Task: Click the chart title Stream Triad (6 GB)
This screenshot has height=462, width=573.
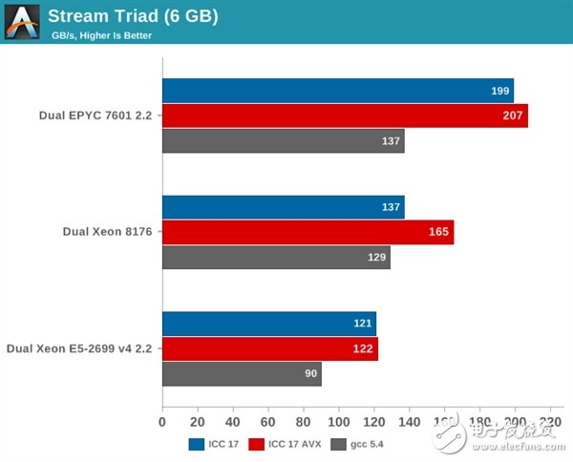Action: pos(133,16)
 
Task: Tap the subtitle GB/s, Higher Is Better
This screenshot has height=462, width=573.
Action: pos(101,36)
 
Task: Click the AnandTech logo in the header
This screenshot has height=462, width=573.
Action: pos(22,22)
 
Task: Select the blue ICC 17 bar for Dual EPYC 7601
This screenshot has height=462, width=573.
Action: pos(337,91)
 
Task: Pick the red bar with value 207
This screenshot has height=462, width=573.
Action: pos(345,115)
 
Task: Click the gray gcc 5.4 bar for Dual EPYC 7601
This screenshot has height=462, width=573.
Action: pos(283,141)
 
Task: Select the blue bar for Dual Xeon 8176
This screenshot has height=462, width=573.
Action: pos(283,207)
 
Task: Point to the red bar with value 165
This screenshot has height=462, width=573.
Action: pos(308,232)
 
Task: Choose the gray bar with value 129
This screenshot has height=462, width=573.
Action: pos(276,258)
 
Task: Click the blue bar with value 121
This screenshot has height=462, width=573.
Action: pos(268,324)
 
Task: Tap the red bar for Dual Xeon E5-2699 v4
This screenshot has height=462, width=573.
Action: pos(269,348)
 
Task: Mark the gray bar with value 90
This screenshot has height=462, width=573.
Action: pos(242,374)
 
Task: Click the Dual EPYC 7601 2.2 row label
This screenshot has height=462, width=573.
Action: pos(95,115)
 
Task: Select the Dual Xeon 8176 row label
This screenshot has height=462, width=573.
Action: pos(107,232)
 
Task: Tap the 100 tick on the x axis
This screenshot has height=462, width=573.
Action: pos(339,421)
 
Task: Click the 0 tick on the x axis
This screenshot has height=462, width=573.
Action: pos(162,421)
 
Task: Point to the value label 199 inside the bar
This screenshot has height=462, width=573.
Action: pos(499,91)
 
